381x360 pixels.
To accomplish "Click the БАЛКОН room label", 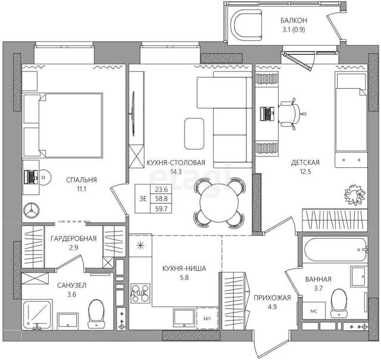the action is click(x=293, y=20).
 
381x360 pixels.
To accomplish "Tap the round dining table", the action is click(x=219, y=202).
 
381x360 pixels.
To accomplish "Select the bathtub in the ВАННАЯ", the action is click(x=335, y=249).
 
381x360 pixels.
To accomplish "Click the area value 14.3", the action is click(x=176, y=172).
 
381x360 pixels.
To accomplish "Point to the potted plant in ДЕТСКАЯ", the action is click(x=355, y=195).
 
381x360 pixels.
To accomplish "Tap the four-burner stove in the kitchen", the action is click(x=140, y=293).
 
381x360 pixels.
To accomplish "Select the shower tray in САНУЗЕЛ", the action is click(x=37, y=315).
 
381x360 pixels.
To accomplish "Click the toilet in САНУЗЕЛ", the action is click(x=96, y=314).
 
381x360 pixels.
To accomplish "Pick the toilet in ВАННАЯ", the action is click(x=339, y=303).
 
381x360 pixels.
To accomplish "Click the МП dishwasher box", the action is click(x=207, y=318).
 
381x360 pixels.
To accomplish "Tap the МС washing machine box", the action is click(x=314, y=311).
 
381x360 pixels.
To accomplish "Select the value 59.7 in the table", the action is click(x=161, y=209).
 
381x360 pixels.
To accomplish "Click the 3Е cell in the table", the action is click(x=143, y=199).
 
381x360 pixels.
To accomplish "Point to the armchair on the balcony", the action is click(x=246, y=26).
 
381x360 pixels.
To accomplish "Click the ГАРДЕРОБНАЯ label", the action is click(x=74, y=239).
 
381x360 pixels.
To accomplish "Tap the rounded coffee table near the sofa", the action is click(x=194, y=134).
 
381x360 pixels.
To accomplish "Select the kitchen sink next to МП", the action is click(x=184, y=318).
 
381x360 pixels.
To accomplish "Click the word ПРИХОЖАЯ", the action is click(x=272, y=298).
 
